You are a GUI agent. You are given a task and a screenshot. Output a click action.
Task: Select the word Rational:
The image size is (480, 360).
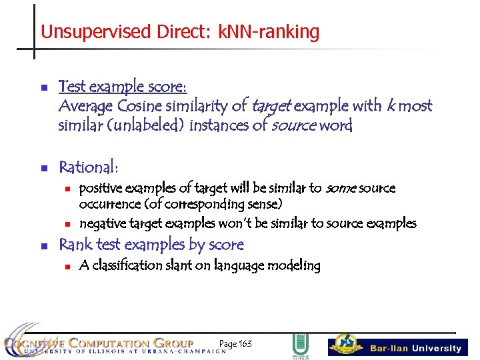[88, 167]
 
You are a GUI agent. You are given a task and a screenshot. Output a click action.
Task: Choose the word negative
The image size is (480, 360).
[103, 223]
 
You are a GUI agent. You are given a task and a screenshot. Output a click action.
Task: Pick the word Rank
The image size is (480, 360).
[74, 245]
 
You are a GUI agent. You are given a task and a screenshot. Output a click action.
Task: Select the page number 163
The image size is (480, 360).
[245, 343]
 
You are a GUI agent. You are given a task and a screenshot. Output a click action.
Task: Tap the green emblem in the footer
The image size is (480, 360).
[300, 345]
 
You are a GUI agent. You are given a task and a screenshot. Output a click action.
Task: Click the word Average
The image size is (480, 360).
[84, 106]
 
